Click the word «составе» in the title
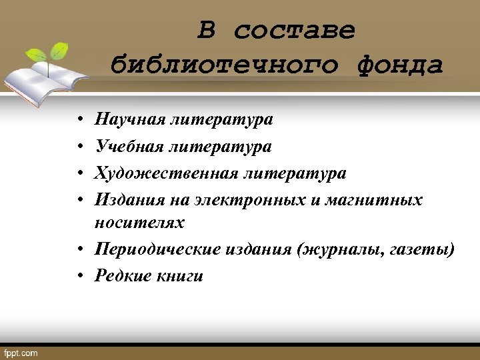(295, 31)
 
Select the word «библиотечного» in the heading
(227, 65)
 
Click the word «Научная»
(129, 119)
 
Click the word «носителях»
(139, 222)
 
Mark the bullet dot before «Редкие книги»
(78, 275)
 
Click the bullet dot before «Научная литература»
(78, 120)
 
